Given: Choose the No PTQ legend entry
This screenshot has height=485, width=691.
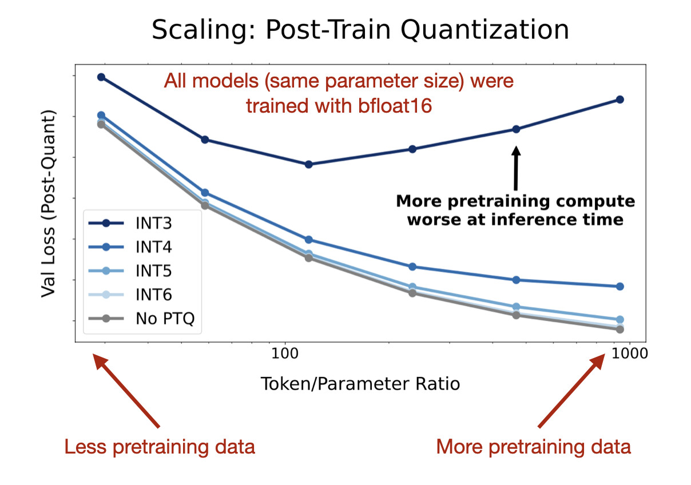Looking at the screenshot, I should pyautogui.click(x=165, y=318).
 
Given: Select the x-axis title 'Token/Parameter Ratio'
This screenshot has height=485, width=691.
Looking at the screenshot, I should pyautogui.click(x=360, y=383).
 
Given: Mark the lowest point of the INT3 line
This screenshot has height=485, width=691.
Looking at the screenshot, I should pyautogui.click(x=308, y=164).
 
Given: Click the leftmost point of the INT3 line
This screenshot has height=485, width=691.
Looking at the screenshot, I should pyautogui.click(x=101, y=77).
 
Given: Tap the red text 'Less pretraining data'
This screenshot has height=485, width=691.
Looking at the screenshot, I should pyautogui.click(x=160, y=447).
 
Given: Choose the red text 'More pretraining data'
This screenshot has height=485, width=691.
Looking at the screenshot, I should pyautogui.click(x=533, y=447).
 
